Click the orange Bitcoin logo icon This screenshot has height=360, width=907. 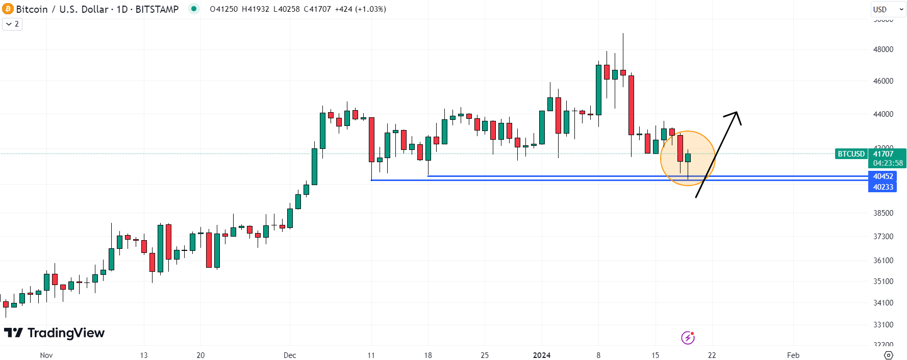point(8,9)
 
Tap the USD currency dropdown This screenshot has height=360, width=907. point(888,9)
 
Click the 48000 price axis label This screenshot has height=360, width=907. point(883,49)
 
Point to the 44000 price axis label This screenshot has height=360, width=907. point(883,114)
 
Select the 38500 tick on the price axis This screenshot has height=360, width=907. point(883,213)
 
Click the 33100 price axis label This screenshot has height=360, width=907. point(883,325)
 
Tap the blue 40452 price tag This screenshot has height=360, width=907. point(883,176)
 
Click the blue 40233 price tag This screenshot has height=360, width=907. point(883,187)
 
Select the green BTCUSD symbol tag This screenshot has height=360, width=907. point(851,154)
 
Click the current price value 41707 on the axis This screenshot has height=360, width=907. point(883,154)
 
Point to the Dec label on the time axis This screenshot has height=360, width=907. point(290,355)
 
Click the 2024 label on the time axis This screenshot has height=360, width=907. point(541,355)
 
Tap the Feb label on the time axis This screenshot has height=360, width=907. point(793,355)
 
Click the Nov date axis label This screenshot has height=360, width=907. point(46,355)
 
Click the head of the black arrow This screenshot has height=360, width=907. point(736,114)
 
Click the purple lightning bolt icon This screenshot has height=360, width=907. point(688,338)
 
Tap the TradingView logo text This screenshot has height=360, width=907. point(66,333)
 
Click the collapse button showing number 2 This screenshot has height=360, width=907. point(12,24)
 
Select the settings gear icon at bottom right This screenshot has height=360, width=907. point(888,355)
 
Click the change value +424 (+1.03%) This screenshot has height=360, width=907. point(360,9)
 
